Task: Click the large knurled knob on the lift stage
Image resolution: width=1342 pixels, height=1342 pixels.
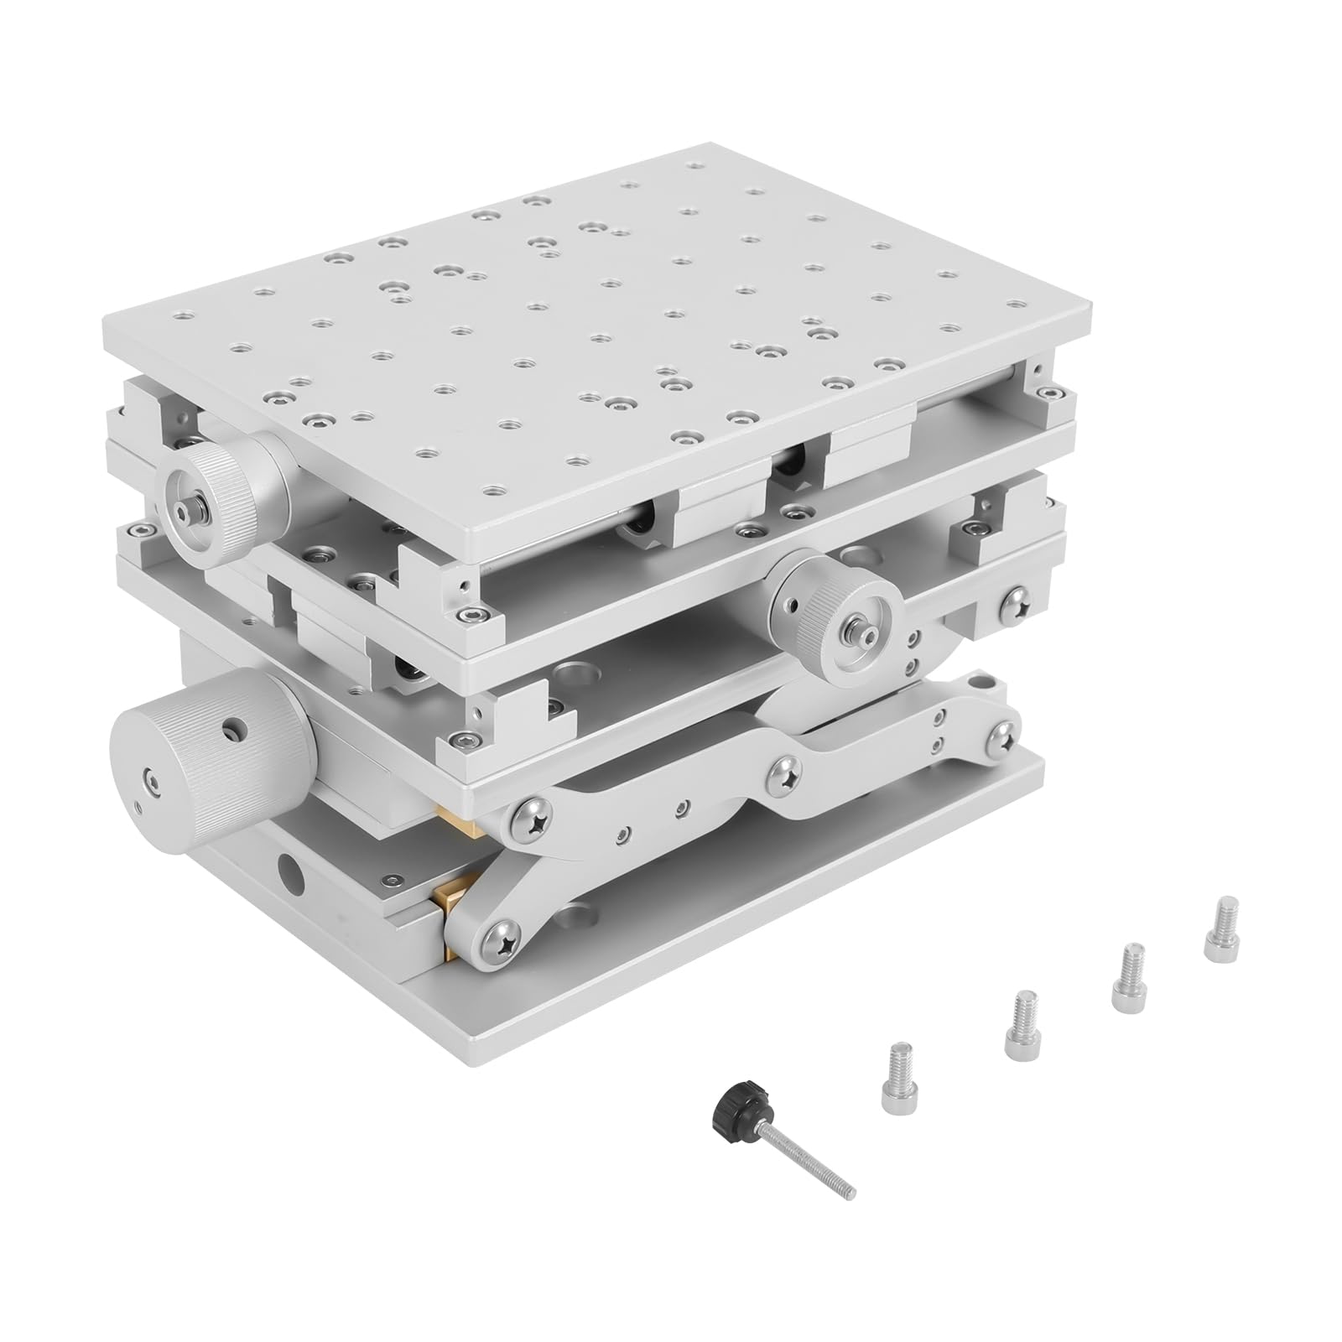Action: click(210, 770)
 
